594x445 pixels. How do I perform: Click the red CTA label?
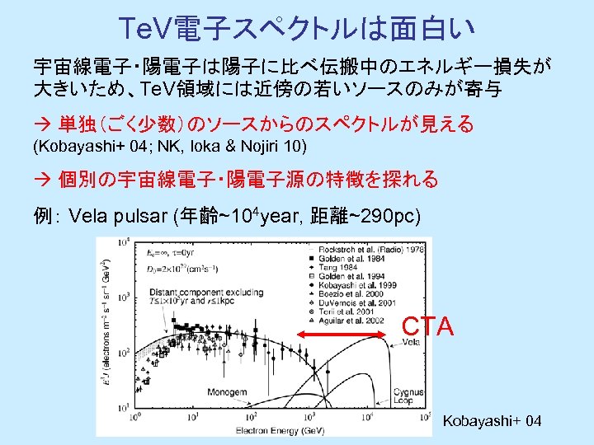click(427, 326)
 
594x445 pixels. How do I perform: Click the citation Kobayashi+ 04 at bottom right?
click(492, 422)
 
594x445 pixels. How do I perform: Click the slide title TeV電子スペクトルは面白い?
click(296, 28)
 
